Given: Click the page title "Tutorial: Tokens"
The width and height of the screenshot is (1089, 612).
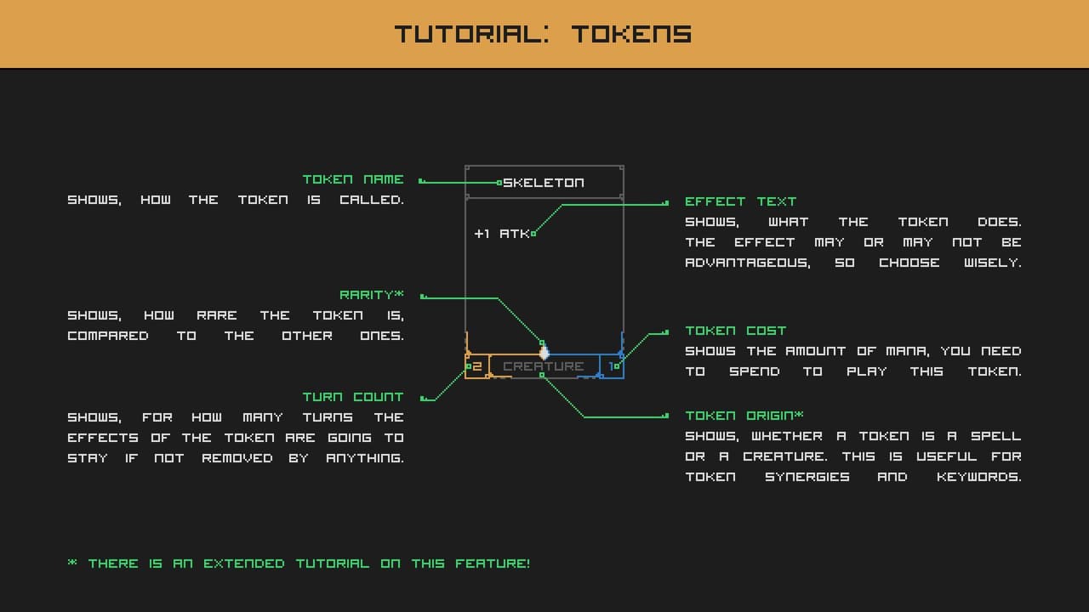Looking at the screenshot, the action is pyautogui.click(x=543, y=33).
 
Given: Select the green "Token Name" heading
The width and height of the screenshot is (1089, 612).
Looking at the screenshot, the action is pyautogui.click(x=353, y=179).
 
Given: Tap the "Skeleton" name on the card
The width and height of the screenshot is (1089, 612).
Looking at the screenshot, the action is pyautogui.click(x=544, y=183).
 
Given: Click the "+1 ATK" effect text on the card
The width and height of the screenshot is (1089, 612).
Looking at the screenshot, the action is pyautogui.click(x=502, y=234).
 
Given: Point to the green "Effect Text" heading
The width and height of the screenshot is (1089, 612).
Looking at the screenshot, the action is pyautogui.click(x=740, y=201).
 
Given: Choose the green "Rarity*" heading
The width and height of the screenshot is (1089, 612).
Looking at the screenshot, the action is pyautogui.click(x=372, y=295).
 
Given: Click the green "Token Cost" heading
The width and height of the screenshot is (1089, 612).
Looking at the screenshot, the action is pyautogui.click(x=736, y=331).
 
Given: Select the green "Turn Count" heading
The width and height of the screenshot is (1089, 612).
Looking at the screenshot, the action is pyautogui.click(x=353, y=397).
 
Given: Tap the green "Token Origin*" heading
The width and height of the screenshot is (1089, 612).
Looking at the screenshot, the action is pyautogui.click(x=744, y=416).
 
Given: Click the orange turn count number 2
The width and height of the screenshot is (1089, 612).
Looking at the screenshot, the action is pyautogui.click(x=477, y=366).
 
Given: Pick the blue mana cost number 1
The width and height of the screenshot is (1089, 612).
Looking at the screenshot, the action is pyautogui.click(x=612, y=366).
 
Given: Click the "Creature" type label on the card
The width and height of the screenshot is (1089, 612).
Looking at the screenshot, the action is pyautogui.click(x=544, y=366).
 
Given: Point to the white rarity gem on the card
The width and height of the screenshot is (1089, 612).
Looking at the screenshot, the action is pyautogui.click(x=544, y=352).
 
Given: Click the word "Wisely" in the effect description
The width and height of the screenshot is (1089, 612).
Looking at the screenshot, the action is pyautogui.click(x=993, y=263).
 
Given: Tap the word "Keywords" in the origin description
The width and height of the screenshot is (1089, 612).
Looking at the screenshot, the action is pyautogui.click(x=979, y=477).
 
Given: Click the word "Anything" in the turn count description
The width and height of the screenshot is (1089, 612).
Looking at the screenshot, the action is pyautogui.click(x=365, y=458).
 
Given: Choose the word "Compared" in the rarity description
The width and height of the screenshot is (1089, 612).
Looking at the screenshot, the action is pyautogui.click(x=108, y=336).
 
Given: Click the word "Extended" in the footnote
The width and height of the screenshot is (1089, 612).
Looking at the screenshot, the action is pyautogui.click(x=244, y=564).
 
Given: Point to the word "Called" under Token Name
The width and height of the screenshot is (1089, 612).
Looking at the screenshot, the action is pyautogui.click(x=372, y=200).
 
